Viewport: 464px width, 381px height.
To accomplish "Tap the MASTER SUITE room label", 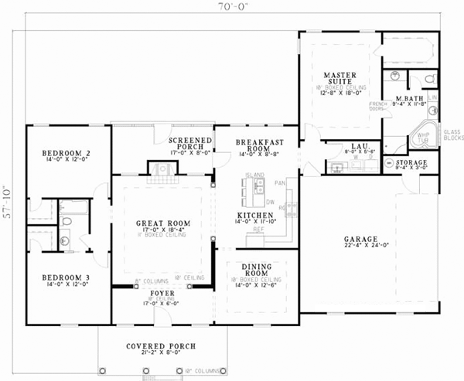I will coord(340,79).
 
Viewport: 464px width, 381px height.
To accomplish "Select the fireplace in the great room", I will coord(162,176).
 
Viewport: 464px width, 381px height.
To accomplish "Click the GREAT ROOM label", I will coord(163,224).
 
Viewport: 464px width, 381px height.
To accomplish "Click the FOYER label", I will coord(162,294).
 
